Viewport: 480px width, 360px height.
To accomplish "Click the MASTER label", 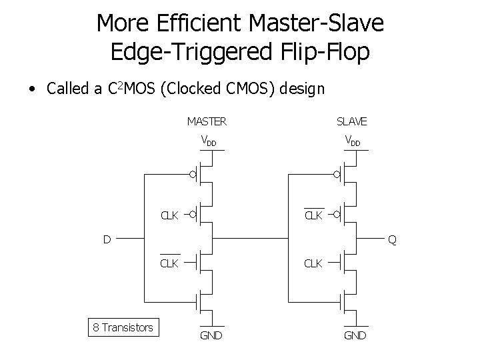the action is tap(207, 121).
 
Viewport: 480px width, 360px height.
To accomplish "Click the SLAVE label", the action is tap(351, 121).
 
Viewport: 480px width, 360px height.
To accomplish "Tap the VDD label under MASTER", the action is tap(209, 141).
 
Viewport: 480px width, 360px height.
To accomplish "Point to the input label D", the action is tap(107, 238).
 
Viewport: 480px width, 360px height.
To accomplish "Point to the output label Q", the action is tap(393, 240).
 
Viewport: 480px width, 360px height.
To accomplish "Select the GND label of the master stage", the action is tap(211, 335).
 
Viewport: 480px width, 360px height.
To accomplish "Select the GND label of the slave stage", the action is tap(354, 335).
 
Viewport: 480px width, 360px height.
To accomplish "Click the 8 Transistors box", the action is tap(123, 327).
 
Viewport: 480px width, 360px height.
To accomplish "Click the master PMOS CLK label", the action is tap(169, 215).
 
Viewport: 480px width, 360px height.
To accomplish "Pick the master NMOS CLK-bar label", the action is tap(169, 263).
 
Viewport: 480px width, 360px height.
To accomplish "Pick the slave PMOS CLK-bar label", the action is tap(314, 215).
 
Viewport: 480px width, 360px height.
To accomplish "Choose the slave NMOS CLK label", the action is tap(314, 263).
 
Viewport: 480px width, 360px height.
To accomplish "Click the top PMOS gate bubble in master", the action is tap(192, 176).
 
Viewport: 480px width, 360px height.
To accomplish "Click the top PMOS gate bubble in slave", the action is tap(337, 176).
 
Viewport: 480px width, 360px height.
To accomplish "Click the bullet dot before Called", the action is tap(31, 89).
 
